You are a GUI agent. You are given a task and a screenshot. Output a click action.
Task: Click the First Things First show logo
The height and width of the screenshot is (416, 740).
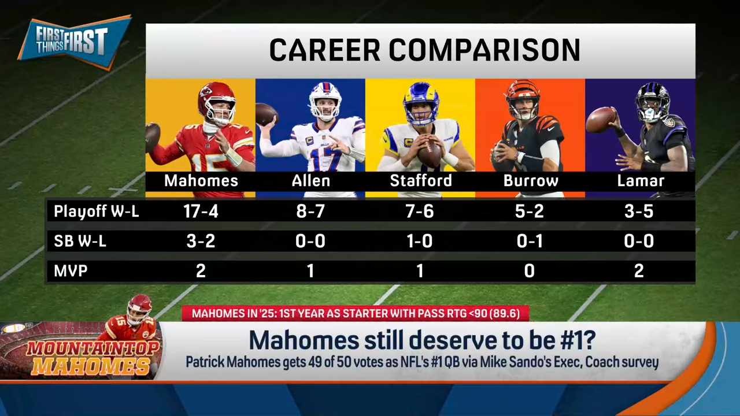75,42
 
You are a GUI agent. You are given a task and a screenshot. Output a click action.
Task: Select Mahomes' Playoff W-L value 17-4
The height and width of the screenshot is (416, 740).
201,211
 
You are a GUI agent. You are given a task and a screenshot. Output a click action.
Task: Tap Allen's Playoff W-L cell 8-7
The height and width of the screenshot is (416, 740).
310,211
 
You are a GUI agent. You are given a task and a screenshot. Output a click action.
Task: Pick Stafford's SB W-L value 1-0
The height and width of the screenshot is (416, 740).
420,241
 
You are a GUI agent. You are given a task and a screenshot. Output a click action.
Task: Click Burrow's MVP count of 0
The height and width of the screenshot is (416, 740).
529,271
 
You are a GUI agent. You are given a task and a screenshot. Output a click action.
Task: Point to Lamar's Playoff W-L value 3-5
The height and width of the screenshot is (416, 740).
639,211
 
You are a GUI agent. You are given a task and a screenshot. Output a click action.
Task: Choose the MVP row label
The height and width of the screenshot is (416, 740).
71,271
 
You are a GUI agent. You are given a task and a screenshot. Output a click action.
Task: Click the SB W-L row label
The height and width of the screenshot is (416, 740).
80,241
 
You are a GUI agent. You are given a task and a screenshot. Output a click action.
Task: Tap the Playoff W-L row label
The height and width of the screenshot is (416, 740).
96,211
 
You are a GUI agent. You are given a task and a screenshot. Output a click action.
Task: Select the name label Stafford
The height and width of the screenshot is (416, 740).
421,181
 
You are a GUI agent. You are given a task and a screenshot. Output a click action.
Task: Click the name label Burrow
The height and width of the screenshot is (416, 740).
531,181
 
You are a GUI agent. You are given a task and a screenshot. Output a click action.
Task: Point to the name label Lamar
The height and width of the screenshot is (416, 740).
641,181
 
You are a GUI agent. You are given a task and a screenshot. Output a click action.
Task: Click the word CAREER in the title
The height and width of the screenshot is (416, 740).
324,50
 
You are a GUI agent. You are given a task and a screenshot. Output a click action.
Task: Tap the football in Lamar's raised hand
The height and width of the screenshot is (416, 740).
601,120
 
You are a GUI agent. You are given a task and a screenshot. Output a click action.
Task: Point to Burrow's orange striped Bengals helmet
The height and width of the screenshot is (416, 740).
522,98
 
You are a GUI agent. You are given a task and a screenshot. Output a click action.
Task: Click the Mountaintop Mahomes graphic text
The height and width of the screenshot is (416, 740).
92,359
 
